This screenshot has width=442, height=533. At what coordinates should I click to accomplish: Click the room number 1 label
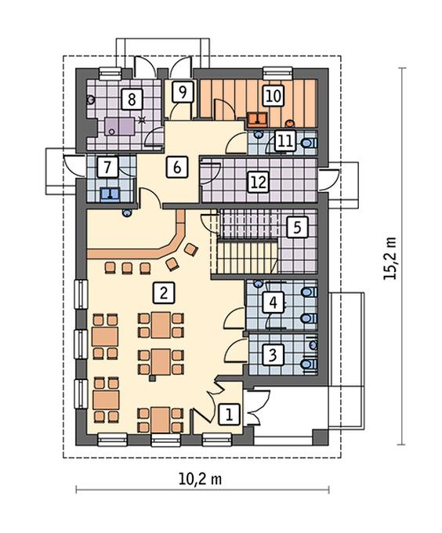coord(230,415)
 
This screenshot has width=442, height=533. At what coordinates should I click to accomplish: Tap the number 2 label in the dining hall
coord(164,292)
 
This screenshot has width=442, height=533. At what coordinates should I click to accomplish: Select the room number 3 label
coord(273,355)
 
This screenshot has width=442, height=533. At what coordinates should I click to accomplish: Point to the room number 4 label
coord(273,303)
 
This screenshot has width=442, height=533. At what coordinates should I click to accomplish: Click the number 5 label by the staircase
coord(297,227)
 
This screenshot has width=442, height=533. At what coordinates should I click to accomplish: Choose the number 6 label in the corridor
coord(177,166)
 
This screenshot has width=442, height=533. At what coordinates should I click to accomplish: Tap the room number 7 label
coord(107,166)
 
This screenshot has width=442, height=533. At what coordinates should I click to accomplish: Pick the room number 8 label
coord(132,100)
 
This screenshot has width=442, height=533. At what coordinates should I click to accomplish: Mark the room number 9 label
coord(183,92)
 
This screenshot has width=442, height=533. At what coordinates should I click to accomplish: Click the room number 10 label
coord(274,95)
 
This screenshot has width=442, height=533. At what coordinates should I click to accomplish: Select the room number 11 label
coord(284,141)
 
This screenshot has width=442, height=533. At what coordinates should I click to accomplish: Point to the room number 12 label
coord(259,182)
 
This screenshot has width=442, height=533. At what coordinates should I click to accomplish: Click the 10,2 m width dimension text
coord(200,479)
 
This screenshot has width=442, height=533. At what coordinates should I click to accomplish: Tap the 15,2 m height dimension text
coord(390,259)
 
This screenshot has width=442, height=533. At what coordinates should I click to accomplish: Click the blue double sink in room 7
coord(110,193)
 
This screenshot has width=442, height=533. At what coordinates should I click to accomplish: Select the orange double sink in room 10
coord(257,118)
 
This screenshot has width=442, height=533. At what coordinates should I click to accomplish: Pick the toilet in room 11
coord(309,143)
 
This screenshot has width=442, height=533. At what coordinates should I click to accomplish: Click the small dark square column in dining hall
coord(153,377)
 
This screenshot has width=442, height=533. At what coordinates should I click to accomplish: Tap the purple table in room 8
coord(119,127)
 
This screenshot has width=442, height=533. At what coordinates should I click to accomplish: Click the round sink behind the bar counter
coord(127,213)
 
